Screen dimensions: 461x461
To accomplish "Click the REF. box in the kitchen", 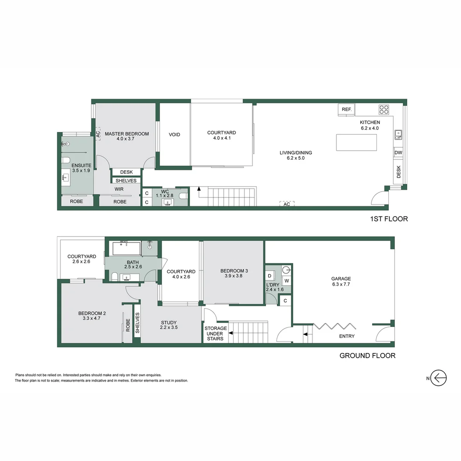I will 347,110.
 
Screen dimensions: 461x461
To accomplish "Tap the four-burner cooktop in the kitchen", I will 384,110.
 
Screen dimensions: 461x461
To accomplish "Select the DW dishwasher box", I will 398,153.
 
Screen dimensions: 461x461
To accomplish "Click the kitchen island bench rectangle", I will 356,142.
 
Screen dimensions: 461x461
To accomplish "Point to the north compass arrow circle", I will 438,378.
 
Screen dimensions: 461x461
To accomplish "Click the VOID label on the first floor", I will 174,135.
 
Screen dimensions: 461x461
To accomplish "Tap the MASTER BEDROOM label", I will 127,136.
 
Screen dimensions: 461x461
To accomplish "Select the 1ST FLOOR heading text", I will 388,219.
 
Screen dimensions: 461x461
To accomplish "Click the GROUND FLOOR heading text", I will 367,356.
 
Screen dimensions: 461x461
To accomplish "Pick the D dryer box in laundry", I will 270,276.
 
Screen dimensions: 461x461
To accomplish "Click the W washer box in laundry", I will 286,281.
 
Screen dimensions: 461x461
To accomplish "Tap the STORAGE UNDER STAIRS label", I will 215,333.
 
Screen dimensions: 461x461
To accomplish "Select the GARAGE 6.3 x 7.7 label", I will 341,282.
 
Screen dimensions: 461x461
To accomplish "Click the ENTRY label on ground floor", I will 347,336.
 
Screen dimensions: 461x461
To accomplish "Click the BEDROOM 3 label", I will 234,274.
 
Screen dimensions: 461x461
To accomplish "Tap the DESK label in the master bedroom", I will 126,172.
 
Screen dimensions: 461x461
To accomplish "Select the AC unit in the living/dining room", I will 287,204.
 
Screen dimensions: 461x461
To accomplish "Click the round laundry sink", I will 286,269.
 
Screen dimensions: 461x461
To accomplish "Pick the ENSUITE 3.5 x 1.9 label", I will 81,168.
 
